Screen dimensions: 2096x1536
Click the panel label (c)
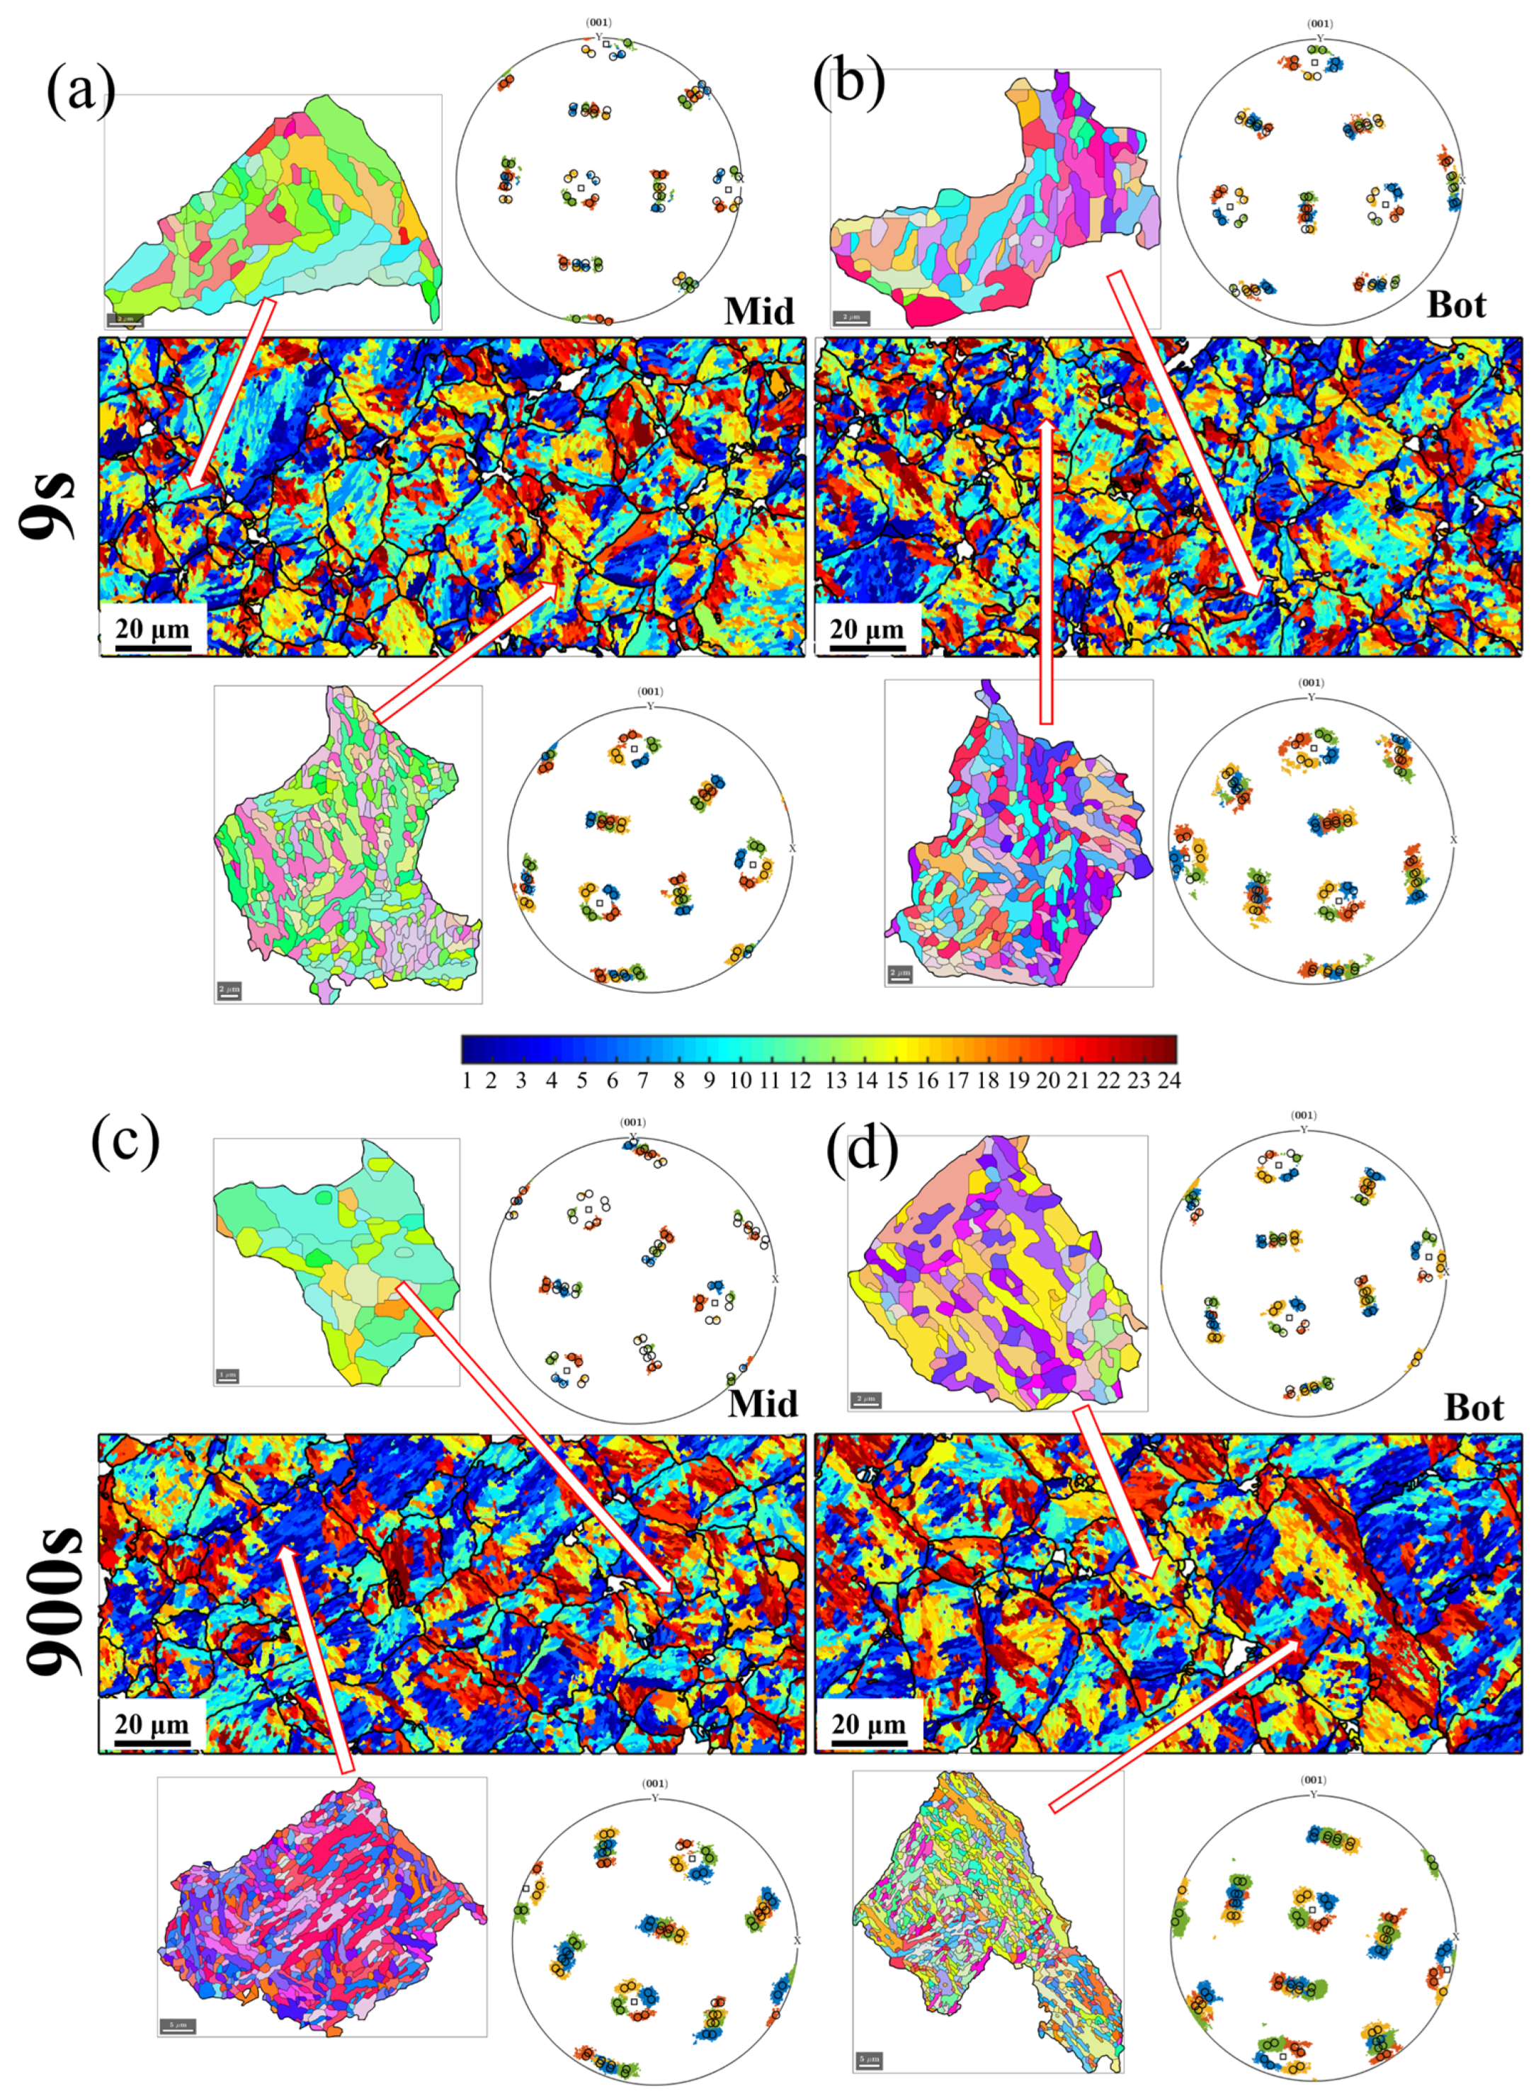tap(125, 1141)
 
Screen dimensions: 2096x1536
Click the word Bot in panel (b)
tap(1456, 305)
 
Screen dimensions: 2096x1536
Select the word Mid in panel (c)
tap(763, 1403)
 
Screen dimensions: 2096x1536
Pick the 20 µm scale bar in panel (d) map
tap(867, 1727)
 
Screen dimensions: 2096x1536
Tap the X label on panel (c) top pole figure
tap(775, 1280)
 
